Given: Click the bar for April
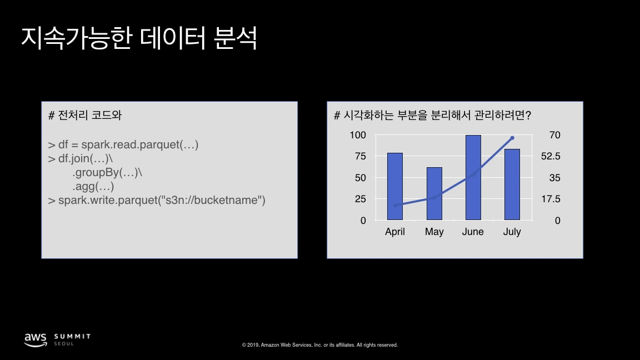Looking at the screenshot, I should coord(395,186).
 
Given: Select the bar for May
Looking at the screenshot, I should coord(434,193).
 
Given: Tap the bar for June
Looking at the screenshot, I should coord(473,177).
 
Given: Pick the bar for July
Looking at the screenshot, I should coord(512,184).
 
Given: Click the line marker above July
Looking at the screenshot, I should coord(512,138).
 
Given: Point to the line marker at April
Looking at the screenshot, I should coord(395,206).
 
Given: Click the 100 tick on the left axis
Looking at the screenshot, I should coord(358,135).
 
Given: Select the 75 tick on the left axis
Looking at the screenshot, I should coord(361,156).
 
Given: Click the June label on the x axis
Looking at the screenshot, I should coord(473,232).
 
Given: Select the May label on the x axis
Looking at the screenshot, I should coord(434,232).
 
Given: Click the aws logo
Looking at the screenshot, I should coord(35,338).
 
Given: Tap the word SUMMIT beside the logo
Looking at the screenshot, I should coord(72,336).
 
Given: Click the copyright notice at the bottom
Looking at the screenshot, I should coord(320,345).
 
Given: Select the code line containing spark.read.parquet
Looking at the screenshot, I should coord(123,145).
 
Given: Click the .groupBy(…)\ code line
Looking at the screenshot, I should coord(107,172).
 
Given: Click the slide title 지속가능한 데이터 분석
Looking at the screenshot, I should coord(139,38).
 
